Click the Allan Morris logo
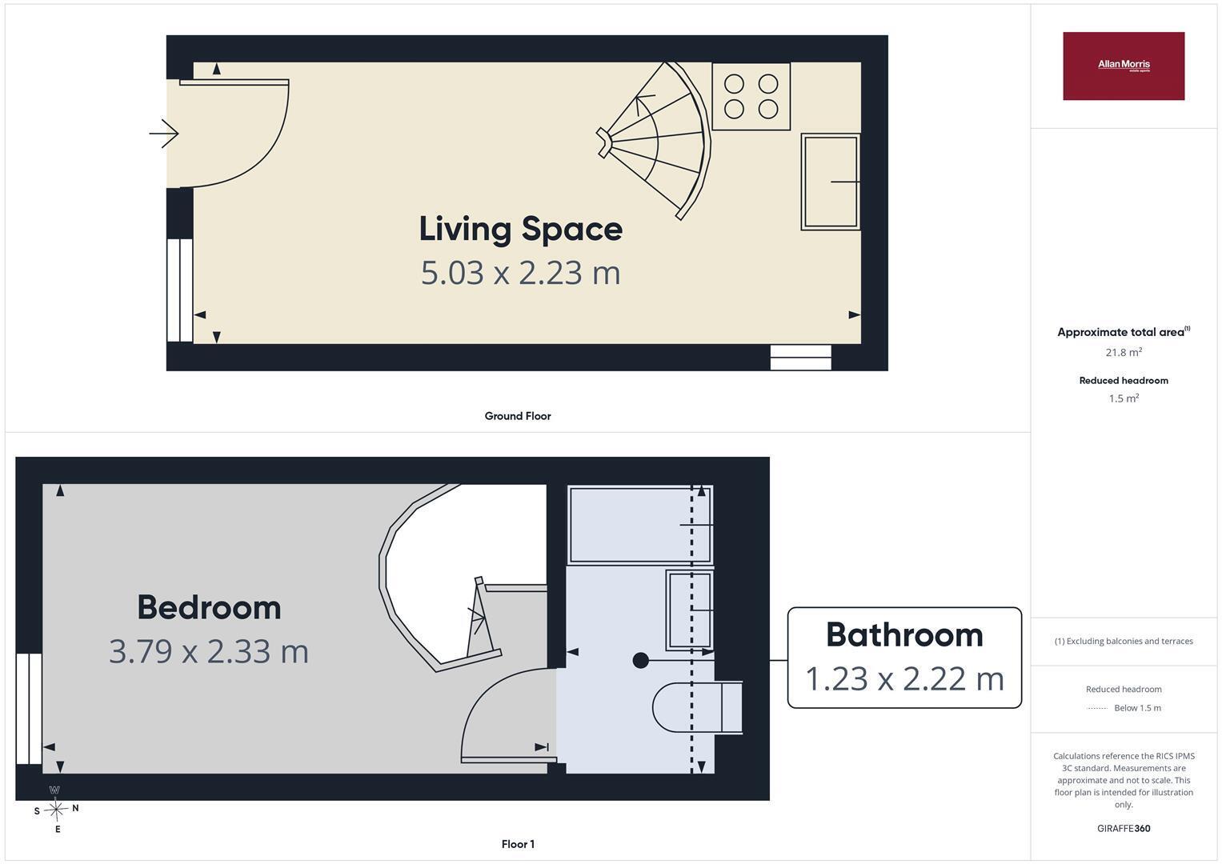[1124, 66]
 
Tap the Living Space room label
[520, 229]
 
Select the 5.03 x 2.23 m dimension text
[520, 273]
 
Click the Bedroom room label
[209, 607]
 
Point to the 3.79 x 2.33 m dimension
[209, 651]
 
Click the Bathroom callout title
[904, 635]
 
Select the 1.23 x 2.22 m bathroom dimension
[904, 679]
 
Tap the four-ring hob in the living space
[751, 97]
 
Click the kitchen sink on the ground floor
[831, 182]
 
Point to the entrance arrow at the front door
[164, 134]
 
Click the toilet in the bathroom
[697, 707]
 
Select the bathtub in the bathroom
[640, 525]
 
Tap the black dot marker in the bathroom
[640, 661]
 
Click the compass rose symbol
[56, 810]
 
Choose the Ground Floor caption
[518, 416]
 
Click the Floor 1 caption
[518, 844]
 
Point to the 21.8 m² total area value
[1124, 352]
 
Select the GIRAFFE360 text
[1124, 829]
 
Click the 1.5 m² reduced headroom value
[1124, 398]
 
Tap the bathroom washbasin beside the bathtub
[690, 610]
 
